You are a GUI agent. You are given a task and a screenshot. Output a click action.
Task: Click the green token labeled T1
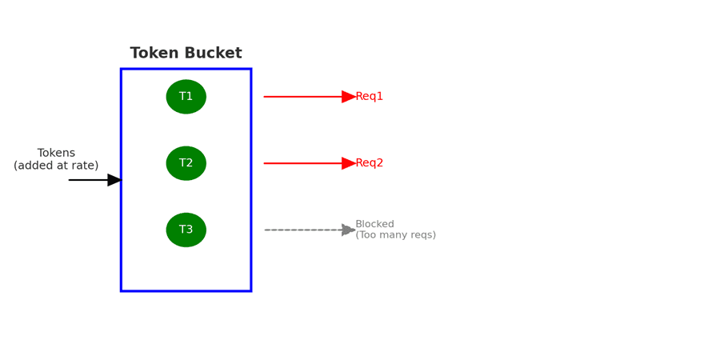186,97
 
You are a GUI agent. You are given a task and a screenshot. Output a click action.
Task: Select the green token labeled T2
186,163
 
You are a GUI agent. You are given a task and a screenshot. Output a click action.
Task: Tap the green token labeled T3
186,230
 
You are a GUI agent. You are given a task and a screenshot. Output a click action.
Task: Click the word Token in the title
153,53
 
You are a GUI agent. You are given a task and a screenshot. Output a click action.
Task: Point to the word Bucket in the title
212,53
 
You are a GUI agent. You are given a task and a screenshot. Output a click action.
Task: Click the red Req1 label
369,97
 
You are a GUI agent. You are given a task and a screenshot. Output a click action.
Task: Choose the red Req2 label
369,163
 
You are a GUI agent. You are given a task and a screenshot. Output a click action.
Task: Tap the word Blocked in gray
374,224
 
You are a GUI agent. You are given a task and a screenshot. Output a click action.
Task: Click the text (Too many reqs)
396,235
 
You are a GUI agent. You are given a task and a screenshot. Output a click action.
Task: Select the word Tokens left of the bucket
56,153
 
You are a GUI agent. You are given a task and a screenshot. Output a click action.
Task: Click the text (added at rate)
56,166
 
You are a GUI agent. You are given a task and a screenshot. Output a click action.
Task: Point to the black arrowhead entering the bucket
114,180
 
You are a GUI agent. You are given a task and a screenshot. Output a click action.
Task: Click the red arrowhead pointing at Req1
349,97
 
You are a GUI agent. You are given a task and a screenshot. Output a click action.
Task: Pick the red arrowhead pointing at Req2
349,163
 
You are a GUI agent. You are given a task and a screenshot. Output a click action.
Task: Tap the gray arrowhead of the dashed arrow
349,230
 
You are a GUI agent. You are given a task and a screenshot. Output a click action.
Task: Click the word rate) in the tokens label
87,166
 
